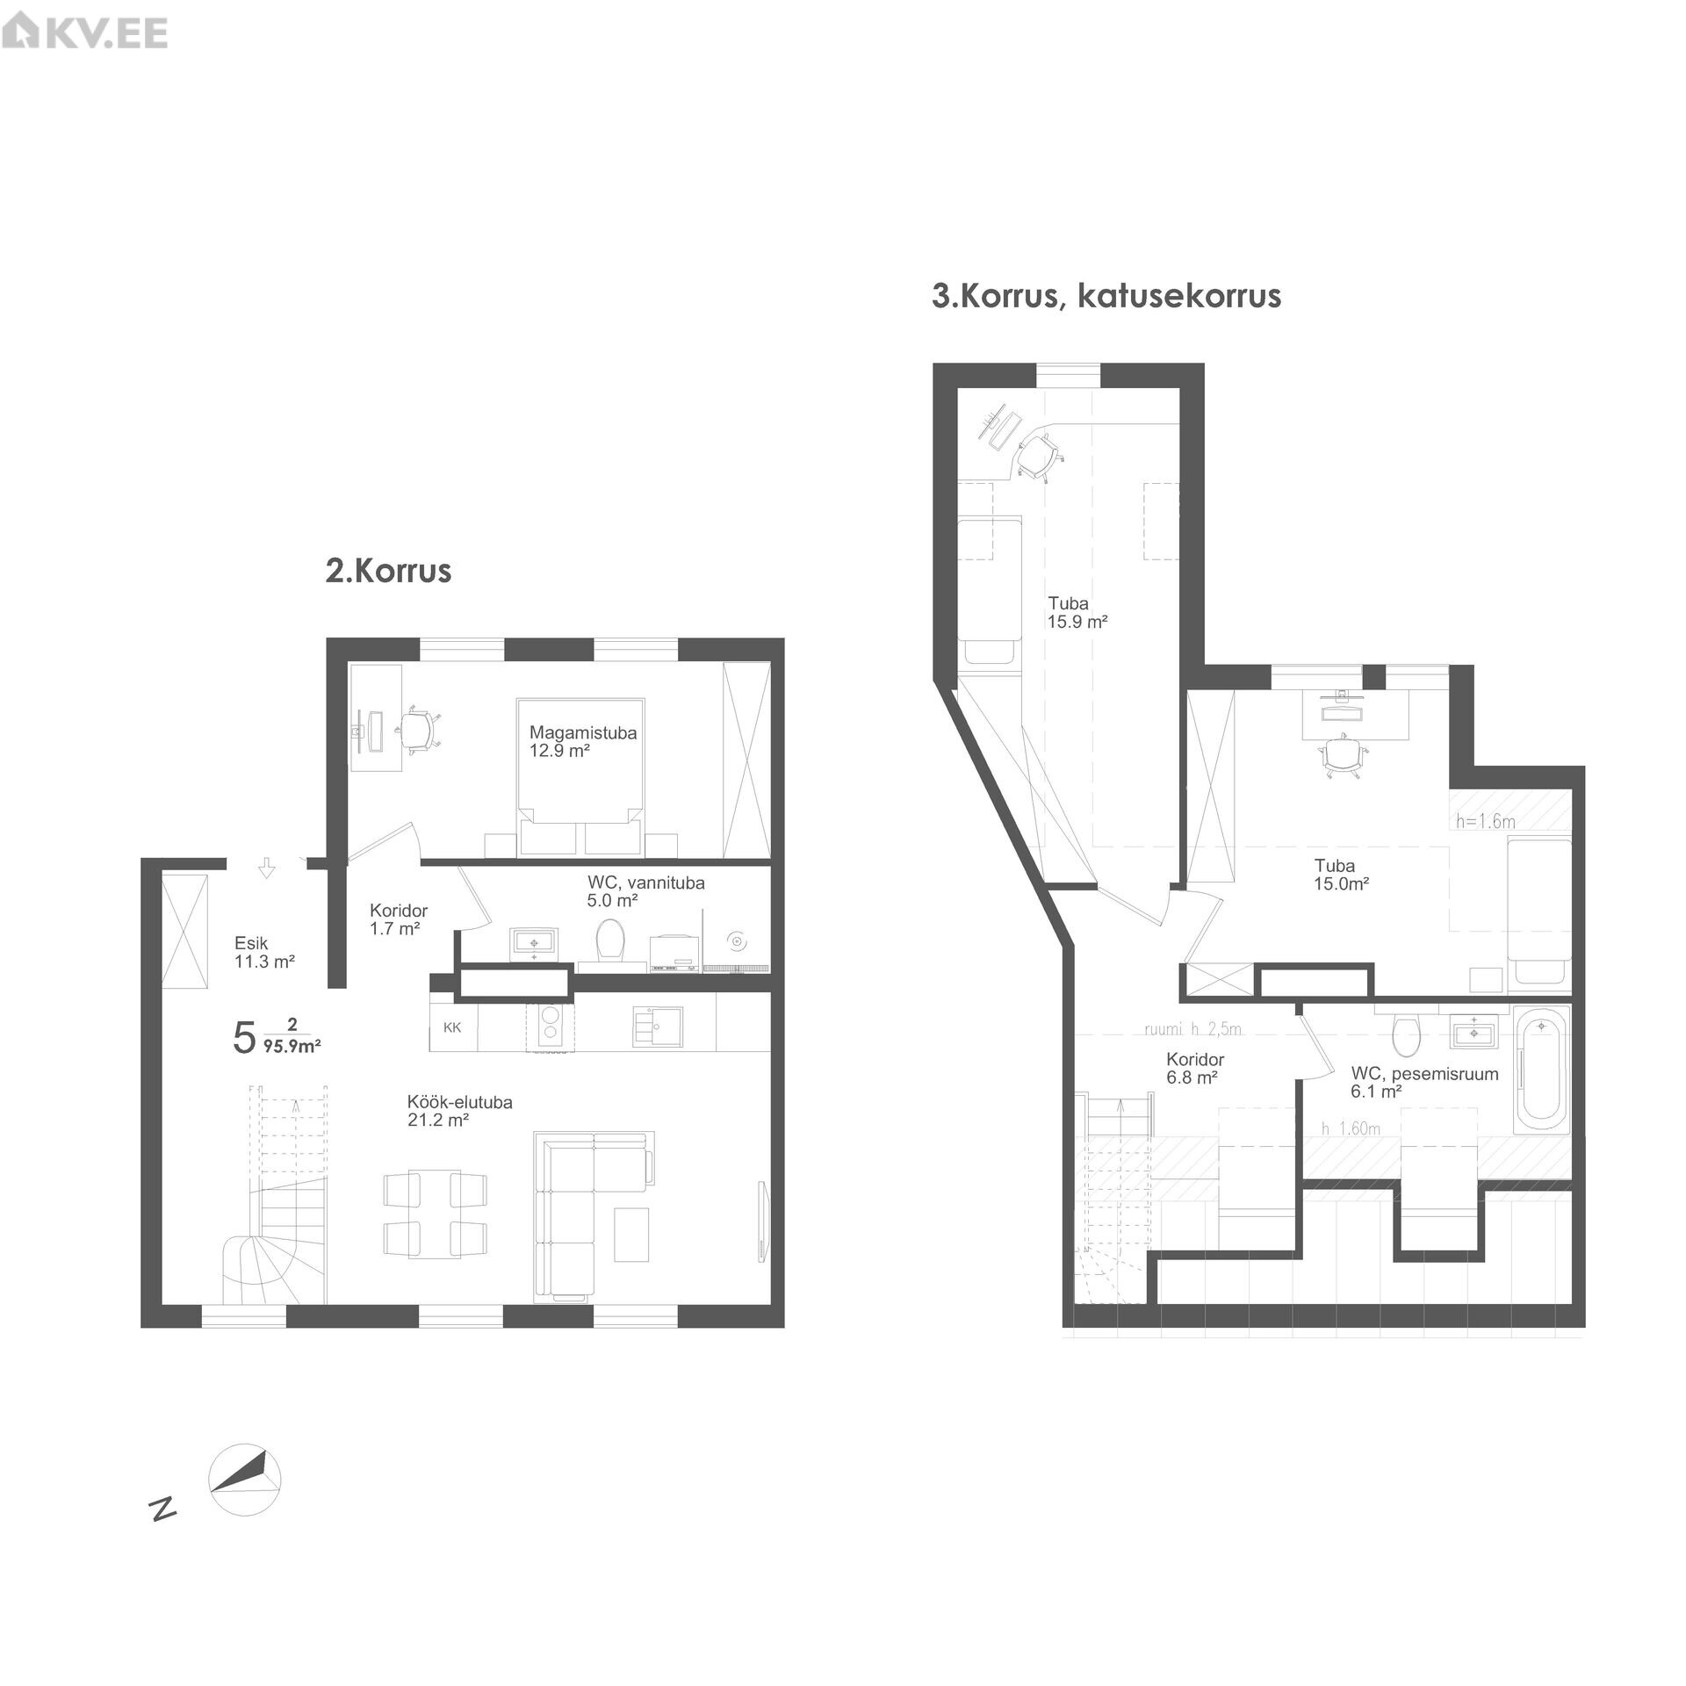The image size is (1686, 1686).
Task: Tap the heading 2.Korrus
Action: pyautogui.click(x=388, y=571)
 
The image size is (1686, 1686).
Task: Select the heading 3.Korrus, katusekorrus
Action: pyautogui.click(x=1106, y=297)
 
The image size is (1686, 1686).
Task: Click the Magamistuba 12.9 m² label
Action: pyautogui.click(x=582, y=741)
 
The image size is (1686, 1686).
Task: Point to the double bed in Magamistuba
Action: pyautogui.click(x=580, y=776)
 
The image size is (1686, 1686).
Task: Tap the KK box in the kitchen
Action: pyautogui.click(x=453, y=1027)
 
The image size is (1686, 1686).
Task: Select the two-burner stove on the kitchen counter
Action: pyautogui.click(x=549, y=1028)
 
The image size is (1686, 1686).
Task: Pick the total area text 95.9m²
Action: pyautogui.click(x=292, y=1046)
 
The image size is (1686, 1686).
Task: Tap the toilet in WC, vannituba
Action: pyautogui.click(x=609, y=940)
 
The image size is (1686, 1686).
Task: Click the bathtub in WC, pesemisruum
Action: pyautogui.click(x=1543, y=1070)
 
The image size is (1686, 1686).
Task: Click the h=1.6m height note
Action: pyautogui.click(x=1486, y=822)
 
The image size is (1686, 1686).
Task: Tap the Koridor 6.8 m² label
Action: pyautogui.click(x=1195, y=1069)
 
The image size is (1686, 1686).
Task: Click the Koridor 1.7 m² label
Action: pyautogui.click(x=399, y=919)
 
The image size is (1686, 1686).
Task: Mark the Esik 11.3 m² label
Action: pyautogui.click(x=264, y=952)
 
